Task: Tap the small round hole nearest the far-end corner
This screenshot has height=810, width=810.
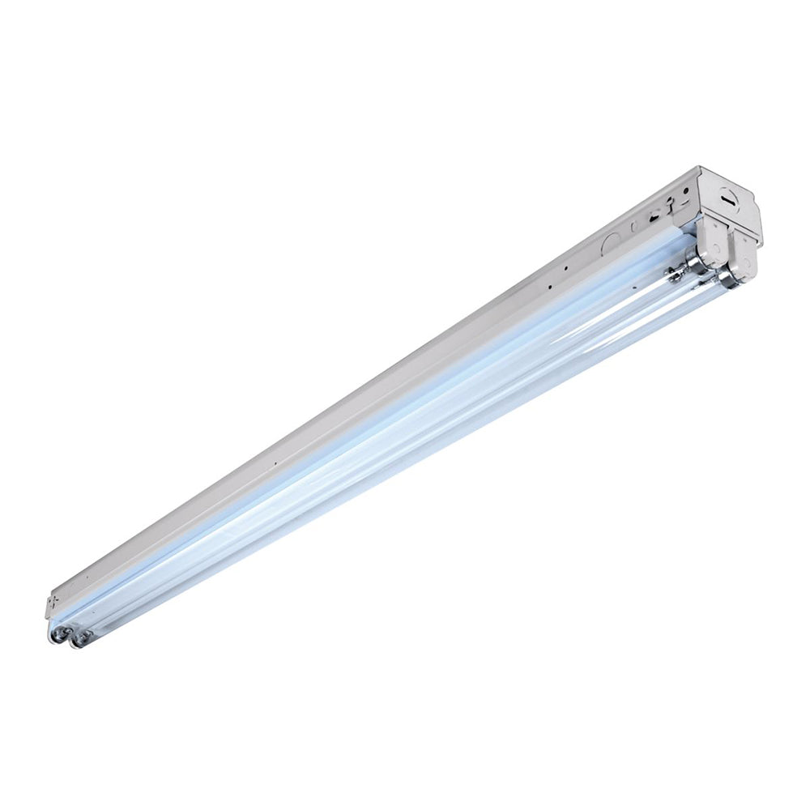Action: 687,191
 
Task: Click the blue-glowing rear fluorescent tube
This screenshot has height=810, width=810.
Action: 364,421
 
